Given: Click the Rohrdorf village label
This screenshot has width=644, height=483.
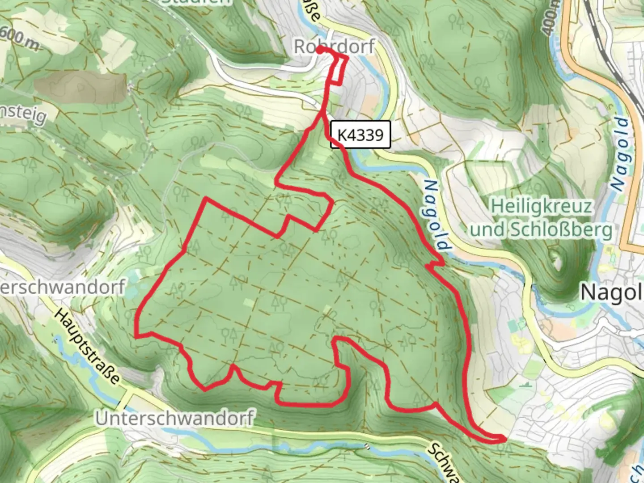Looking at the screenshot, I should click(x=334, y=46).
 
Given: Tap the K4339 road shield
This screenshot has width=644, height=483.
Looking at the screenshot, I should click(x=360, y=135).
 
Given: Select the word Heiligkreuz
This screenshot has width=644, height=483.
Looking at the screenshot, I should click(x=542, y=207).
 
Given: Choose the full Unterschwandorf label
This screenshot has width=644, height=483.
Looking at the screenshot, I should click(x=175, y=418).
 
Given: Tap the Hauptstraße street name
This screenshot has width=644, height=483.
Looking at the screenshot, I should click(x=87, y=346).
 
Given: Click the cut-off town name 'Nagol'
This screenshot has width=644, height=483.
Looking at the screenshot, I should click(x=611, y=293).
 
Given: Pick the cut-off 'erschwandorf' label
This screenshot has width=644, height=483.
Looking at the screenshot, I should click(x=62, y=287).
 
